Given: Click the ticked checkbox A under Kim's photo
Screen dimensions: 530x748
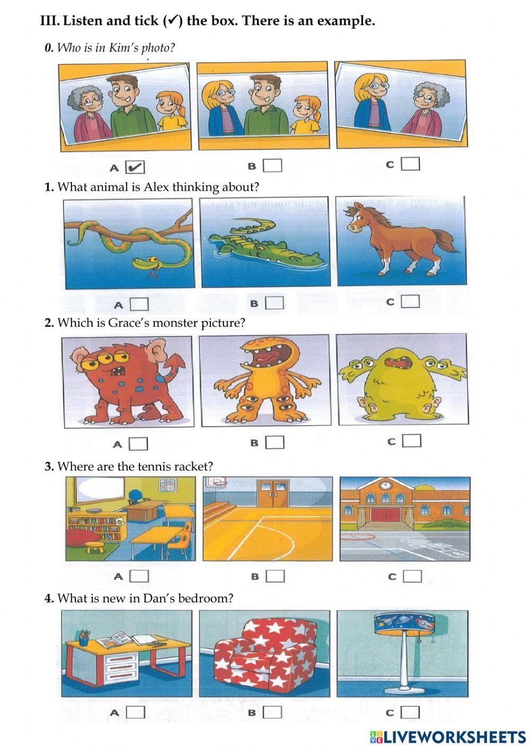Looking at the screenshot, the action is point(135,167).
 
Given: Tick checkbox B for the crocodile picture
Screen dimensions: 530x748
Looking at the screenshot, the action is point(275,303).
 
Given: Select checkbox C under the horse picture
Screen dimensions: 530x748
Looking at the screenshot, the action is point(410,301).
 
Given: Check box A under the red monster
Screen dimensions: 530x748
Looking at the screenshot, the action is point(139,444).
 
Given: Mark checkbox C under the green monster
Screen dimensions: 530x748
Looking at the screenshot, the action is point(412,441).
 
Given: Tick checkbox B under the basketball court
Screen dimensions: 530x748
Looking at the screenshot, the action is point(275,576).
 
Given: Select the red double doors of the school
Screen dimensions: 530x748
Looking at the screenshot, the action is point(385,515).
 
